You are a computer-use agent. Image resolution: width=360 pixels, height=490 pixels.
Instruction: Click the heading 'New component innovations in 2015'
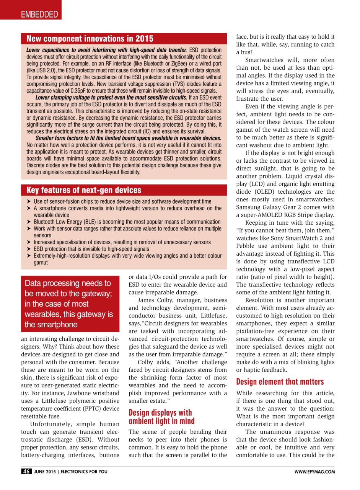(90, 39)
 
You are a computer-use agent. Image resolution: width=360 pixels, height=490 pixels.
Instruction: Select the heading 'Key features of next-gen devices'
(84, 190)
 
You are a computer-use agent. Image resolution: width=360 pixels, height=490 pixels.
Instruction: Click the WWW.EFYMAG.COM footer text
(314, 472)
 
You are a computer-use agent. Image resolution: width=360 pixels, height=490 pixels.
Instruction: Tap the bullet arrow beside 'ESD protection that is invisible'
(29, 249)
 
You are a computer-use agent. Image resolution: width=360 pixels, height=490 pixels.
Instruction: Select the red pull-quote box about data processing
(70, 304)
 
